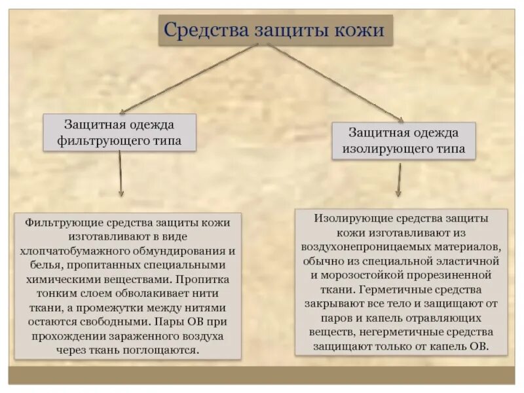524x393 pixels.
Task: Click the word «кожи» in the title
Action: (360, 30)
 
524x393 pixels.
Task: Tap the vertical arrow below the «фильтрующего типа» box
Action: (121, 174)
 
